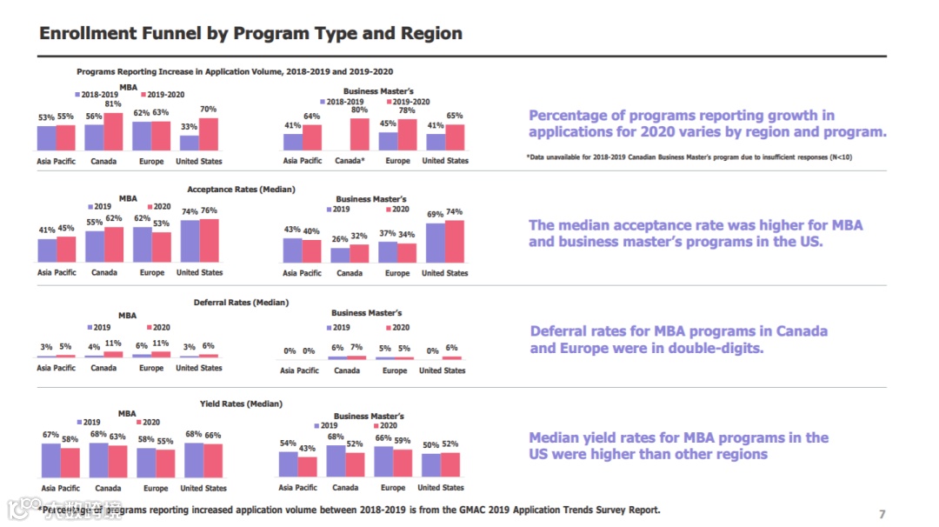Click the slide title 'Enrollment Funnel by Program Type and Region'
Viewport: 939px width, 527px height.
251,33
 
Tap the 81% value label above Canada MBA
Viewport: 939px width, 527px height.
112,104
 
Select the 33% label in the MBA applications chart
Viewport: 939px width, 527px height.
188,127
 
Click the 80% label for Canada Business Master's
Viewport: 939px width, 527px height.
359,110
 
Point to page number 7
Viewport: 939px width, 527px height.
882,512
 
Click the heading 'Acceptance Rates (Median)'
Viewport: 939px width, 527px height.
241,189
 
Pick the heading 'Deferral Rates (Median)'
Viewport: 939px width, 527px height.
241,303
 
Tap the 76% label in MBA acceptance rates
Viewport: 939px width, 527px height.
209,210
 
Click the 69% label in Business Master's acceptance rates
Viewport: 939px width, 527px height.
435,214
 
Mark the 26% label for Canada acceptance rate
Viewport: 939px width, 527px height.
339,239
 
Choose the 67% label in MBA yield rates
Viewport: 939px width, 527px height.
50,435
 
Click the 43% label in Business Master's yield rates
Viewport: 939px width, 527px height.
307,449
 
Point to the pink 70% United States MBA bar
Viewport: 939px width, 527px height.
209,135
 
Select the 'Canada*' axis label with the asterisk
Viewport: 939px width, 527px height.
350,161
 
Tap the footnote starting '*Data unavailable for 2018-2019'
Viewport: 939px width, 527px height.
682,157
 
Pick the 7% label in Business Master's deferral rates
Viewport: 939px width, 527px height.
356,348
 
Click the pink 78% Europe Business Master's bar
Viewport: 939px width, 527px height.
407,135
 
